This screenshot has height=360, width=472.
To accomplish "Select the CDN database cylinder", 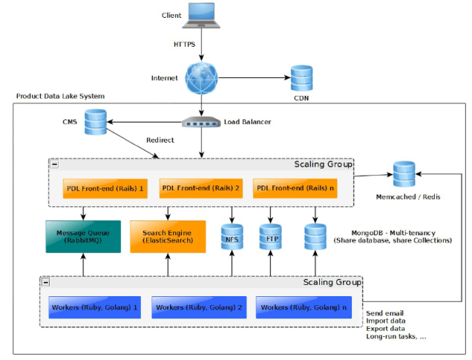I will tap(301, 77).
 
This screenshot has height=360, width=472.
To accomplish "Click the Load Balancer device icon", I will tap(200, 122).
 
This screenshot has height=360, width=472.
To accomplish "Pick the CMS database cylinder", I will tap(95, 122).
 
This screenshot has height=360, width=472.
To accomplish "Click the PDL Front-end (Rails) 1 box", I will tap(104, 189).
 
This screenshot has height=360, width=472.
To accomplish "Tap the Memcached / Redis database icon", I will tap(404, 175).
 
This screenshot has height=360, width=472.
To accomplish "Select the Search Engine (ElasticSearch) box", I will tap(167, 237).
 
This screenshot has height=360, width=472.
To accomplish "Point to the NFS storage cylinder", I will tap(232, 238).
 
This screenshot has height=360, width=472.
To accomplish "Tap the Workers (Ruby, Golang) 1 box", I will tap(94, 307).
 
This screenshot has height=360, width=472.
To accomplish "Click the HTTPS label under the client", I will tap(185, 45).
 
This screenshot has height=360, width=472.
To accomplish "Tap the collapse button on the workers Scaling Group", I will tap(45, 282).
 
